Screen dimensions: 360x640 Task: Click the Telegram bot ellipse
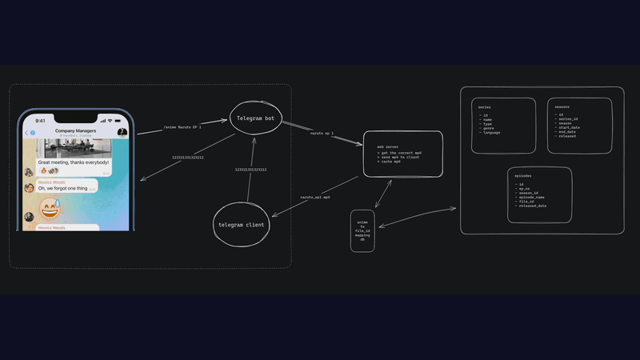point(256,118)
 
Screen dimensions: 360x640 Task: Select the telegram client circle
point(241,225)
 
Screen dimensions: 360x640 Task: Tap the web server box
point(403,154)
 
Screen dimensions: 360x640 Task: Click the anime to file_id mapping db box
point(362,231)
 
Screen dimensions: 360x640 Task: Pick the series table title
point(484,106)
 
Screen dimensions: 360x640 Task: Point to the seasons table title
point(562,106)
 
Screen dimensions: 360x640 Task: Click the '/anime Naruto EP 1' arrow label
point(182,127)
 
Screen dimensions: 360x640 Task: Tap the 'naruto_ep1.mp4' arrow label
point(315,197)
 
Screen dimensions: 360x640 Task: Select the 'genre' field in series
point(487,127)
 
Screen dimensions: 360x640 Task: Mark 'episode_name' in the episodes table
point(531,197)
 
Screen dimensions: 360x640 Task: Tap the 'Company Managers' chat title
point(76,130)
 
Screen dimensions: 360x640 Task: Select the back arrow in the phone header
point(26,133)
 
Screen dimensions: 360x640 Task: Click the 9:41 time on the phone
point(39,122)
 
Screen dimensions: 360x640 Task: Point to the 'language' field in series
point(490,132)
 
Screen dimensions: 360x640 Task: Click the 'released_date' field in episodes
point(532,206)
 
